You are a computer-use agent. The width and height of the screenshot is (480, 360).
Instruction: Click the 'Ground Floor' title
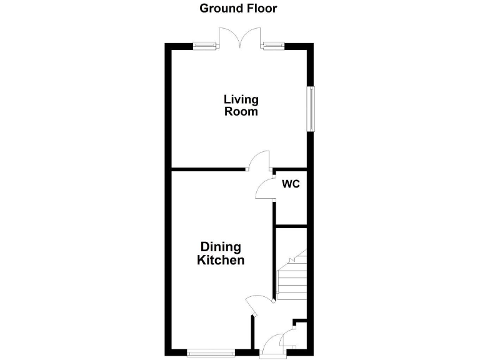tap(238, 9)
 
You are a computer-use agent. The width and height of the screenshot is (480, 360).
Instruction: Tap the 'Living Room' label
tap(241, 106)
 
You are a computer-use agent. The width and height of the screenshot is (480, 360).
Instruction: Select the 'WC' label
tap(291, 184)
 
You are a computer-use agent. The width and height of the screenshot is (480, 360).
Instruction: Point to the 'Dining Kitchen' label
tap(221, 254)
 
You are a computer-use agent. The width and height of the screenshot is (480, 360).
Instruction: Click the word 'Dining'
tap(221, 247)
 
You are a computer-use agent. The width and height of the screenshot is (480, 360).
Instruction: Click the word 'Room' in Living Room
tap(241, 112)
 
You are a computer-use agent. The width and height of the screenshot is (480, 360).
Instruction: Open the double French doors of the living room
tap(239, 38)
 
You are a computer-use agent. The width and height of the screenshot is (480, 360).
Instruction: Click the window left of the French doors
tap(205, 45)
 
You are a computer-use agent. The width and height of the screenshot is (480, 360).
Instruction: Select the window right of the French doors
tap(273, 45)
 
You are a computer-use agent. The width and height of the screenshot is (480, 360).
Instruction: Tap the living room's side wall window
tap(311, 109)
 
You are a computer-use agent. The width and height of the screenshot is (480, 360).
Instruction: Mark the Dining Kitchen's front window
tap(211, 353)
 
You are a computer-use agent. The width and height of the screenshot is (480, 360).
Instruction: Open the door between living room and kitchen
tap(259, 161)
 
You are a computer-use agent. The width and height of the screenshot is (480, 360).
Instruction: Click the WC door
tap(265, 188)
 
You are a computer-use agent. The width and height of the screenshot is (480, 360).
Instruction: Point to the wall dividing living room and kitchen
tap(209, 169)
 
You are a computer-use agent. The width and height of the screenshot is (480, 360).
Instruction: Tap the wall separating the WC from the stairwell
tap(291, 226)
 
